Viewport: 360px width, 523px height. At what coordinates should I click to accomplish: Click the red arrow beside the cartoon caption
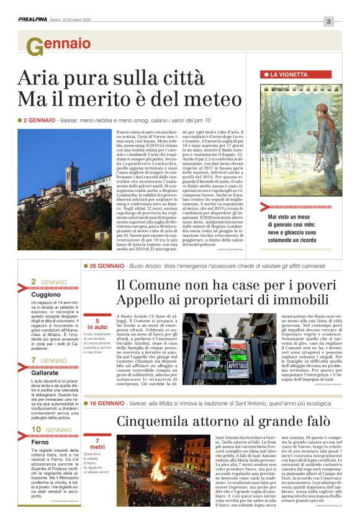coord(265,207)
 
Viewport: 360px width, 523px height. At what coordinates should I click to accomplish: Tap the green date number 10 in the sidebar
coord(36,429)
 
